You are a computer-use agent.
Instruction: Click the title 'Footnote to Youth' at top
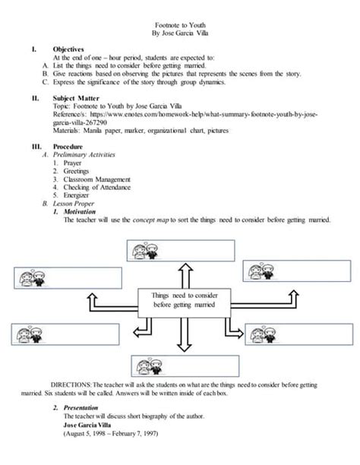(x=179, y=24)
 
